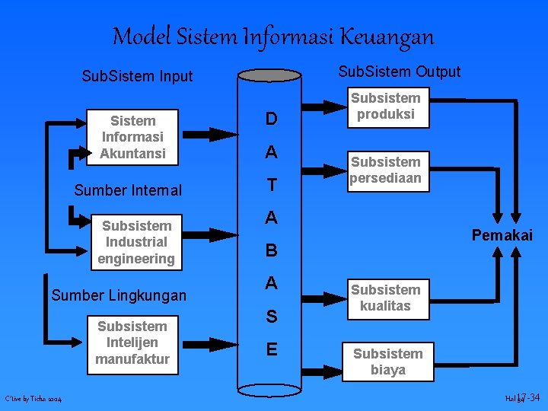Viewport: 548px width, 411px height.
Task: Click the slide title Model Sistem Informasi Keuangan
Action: (x=273, y=36)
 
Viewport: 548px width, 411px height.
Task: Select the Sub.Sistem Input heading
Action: (x=138, y=76)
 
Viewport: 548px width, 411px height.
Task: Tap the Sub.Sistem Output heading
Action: (x=400, y=72)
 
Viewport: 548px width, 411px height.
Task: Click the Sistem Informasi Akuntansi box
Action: (x=133, y=137)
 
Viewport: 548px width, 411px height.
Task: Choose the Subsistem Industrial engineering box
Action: (x=137, y=242)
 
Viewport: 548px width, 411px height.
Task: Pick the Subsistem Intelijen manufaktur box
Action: (x=132, y=342)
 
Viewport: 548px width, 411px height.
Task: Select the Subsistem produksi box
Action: (x=386, y=106)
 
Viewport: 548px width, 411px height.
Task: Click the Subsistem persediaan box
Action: (x=386, y=170)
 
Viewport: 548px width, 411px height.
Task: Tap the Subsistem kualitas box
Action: (x=386, y=298)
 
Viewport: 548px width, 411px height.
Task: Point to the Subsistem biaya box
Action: (x=388, y=362)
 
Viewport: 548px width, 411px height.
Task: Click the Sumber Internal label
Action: (x=128, y=190)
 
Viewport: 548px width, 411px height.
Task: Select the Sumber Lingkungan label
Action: (x=119, y=295)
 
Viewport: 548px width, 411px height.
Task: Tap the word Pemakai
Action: (x=502, y=236)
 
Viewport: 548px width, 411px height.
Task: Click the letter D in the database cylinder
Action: (x=271, y=119)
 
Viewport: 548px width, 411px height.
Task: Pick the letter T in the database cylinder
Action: (x=271, y=186)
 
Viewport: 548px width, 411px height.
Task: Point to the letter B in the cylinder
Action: (x=271, y=250)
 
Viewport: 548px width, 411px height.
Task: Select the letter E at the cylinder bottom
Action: (x=271, y=349)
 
